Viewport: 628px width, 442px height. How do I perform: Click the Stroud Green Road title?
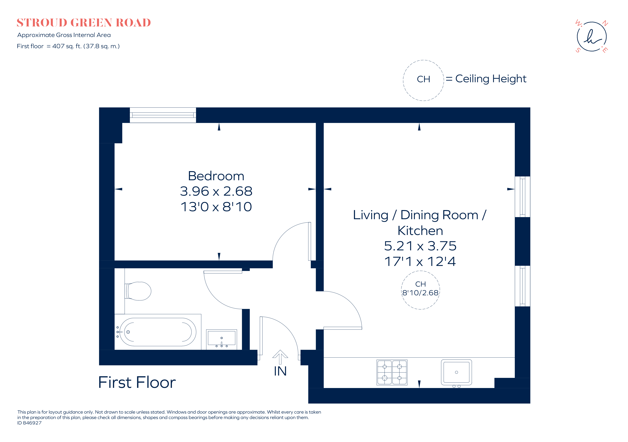point(84,23)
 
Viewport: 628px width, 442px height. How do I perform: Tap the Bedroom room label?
point(216,176)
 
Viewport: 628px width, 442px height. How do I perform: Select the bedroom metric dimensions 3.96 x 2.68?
point(216,191)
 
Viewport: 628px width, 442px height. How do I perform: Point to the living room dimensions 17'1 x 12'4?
point(420,261)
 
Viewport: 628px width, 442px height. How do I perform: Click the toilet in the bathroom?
point(138,291)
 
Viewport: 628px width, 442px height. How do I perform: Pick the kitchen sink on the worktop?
point(456,372)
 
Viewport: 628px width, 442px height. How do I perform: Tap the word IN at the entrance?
point(280,371)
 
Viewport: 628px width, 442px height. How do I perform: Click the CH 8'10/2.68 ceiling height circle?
point(420,290)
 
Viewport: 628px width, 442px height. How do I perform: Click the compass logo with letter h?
point(592,37)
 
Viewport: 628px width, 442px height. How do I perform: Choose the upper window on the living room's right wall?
point(522,197)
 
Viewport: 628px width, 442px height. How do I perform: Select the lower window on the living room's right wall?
point(522,286)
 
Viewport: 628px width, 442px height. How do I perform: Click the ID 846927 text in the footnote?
point(30,423)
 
